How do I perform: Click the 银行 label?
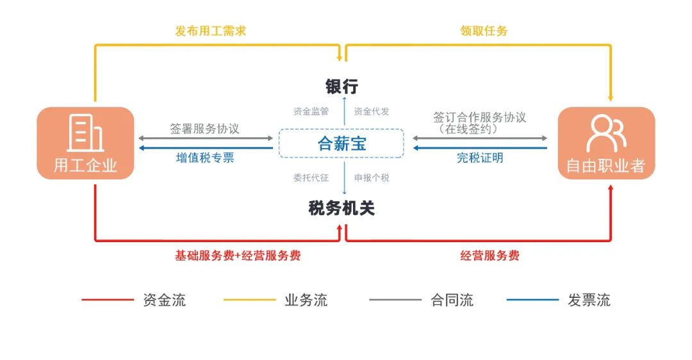(342, 86)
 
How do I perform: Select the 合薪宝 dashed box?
(342, 143)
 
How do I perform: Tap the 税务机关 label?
(342, 208)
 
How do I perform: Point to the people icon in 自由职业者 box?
(606, 133)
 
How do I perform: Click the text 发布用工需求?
(211, 31)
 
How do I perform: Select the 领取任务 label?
(484, 31)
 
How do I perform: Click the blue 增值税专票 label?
(205, 158)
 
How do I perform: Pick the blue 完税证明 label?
(480, 158)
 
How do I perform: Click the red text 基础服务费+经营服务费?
(238, 256)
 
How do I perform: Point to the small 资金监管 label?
(311, 111)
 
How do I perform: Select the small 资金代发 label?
(372, 111)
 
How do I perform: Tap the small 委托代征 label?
(311, 177)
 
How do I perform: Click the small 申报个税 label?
(372, 177)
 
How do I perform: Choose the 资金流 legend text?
(165, 300)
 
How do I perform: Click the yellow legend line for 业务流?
(249, 300)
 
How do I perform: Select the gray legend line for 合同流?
(395, 300)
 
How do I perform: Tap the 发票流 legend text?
(589, 300)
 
